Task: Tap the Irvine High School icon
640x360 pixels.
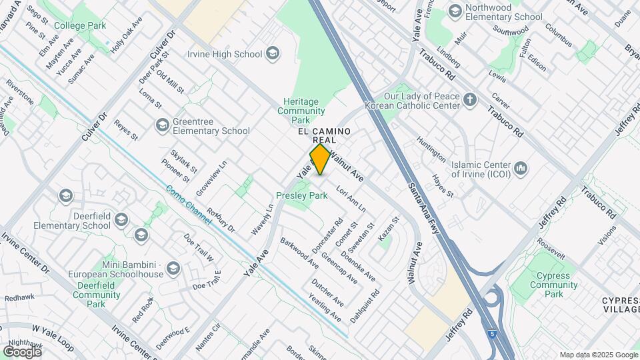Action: pos(272,53)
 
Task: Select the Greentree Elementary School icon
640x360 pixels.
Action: pos(162,125)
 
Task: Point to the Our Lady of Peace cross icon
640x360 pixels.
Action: pos(471,100)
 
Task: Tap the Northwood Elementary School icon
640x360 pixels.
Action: pos(455,11)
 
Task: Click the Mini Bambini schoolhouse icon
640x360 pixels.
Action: pos(173,268)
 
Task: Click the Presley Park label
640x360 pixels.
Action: pos(302,196)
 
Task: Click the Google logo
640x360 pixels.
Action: pos(22,351)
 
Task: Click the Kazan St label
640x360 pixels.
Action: pos(388,229)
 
